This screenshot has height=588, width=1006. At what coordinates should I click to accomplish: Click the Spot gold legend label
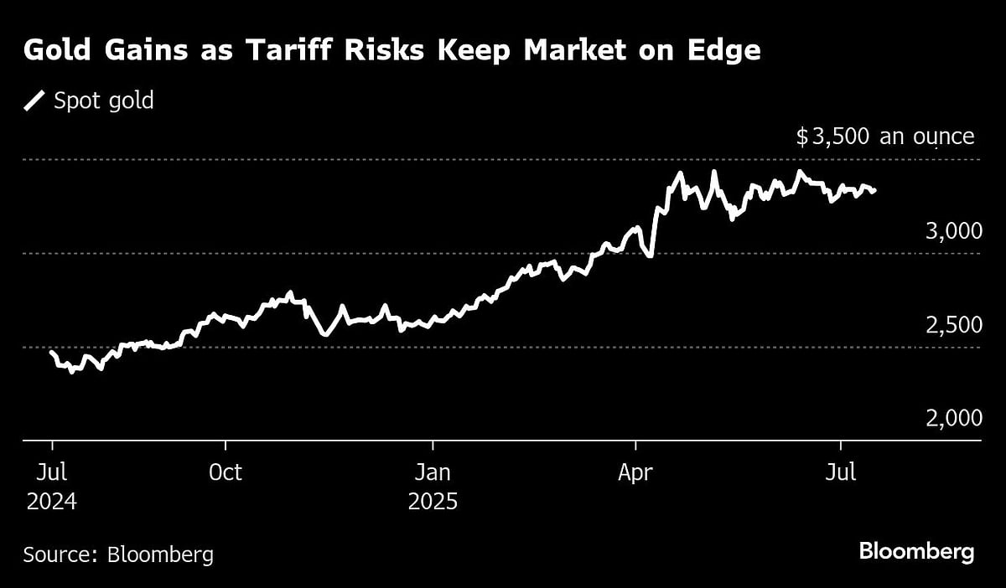[x=103, y=101]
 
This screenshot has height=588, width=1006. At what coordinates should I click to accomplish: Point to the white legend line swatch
[x=35, y=101]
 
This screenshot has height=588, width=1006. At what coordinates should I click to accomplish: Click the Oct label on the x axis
[x=225, y=472]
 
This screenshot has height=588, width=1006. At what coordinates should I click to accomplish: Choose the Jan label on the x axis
[x=433, y=472]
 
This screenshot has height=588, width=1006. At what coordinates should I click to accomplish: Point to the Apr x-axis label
[x=636, y=472]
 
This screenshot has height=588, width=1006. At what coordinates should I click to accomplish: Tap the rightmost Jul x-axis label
[x=841, y=472]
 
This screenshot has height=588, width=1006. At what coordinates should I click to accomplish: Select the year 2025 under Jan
[x=433, y=502]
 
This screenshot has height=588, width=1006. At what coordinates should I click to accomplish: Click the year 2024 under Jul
[x=51, y=502]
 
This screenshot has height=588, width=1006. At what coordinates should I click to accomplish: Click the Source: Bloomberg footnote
[x=118, y=554]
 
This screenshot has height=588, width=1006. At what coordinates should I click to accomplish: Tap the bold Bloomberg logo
[x=916, y=552]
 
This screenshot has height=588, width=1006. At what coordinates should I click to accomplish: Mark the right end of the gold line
[x=875, y=191]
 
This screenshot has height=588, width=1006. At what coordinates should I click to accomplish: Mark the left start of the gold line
[x=51, y=353]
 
